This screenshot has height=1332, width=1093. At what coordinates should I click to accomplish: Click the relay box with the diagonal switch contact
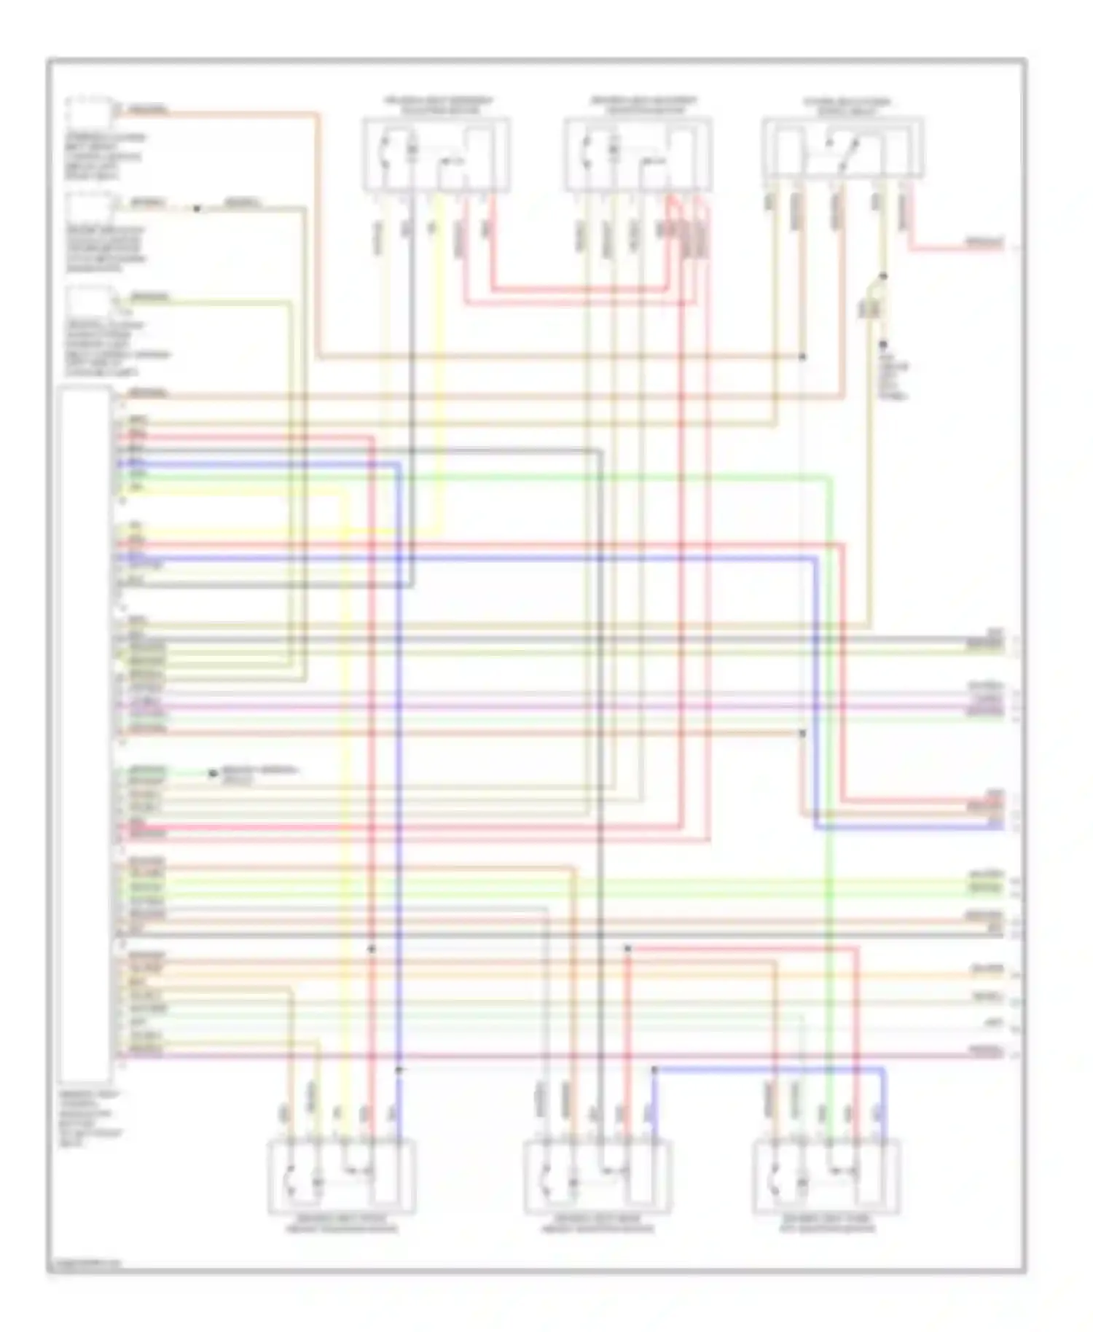coord(843,149)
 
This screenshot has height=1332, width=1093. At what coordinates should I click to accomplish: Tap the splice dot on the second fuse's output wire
coord(197,209)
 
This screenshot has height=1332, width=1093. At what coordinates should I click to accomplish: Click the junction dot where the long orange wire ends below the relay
coord(802,357)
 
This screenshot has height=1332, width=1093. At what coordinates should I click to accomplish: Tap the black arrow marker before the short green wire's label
coord(213,774)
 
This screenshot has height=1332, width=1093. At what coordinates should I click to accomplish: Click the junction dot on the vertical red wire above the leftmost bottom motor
coord(371,949)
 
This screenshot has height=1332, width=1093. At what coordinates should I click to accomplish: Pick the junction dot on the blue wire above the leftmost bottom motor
coord(399,1070)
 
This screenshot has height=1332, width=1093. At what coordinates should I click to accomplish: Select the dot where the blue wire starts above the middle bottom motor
coord(654,1070)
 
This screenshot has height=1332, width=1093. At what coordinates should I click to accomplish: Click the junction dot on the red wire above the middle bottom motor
coord(628,949)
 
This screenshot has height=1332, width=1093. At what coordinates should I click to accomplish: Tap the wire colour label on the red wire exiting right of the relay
coord(984,242)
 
